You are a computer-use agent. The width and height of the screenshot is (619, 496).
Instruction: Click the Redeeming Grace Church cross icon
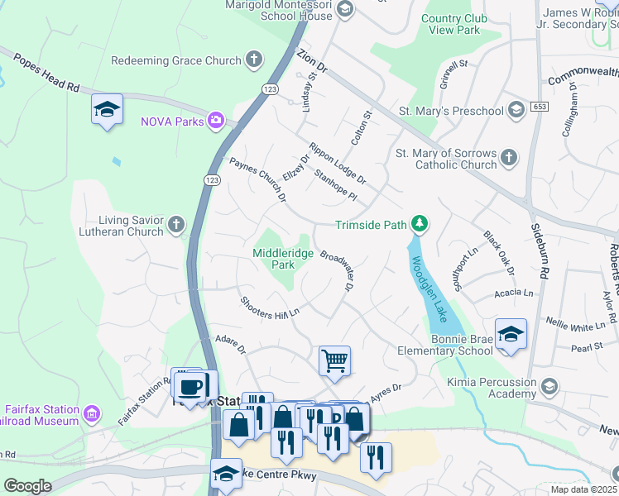[x=254, y=60]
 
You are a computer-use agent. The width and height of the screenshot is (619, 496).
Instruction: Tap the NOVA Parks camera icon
[x=216, y=122]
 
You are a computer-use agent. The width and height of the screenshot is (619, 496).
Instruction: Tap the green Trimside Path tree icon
[x=420, y=224]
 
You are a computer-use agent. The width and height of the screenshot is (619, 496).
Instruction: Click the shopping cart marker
[x=334, y=360]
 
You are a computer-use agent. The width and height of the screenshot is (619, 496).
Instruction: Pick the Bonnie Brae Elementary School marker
[x=511, y=334]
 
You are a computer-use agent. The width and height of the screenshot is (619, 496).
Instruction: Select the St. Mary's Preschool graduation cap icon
[x=516, y=110]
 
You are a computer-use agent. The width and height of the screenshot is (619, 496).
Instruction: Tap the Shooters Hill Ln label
[x=269, y=307]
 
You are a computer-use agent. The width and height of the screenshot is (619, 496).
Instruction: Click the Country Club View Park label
[x=450, y=24]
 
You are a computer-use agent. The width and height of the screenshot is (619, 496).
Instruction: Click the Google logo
[x=27, y=486]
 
